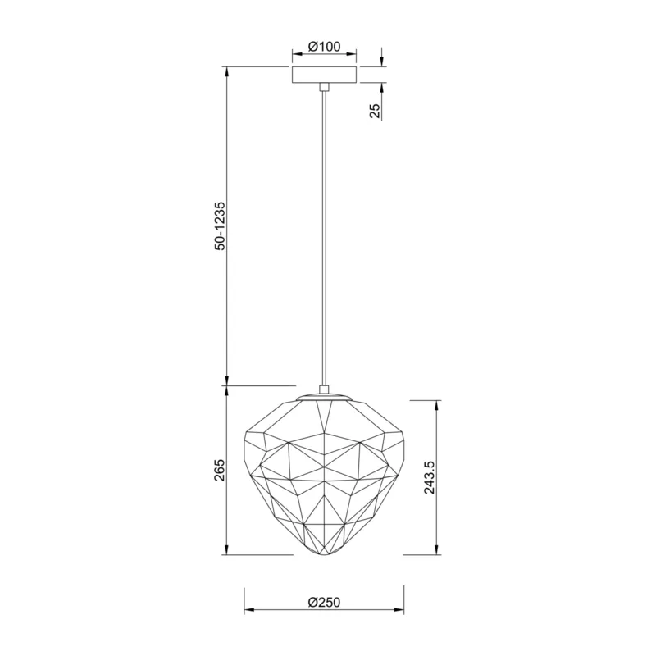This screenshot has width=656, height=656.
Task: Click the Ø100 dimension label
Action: (x=324, y=46)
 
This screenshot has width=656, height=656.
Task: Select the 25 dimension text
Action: (x=376, y=111)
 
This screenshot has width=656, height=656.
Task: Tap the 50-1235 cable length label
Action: (x=220, y=226)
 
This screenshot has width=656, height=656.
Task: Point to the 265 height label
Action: (x=220, y=470)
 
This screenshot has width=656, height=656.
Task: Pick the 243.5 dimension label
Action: (x=430, y=478)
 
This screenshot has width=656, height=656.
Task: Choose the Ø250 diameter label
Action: (x=324, y=603)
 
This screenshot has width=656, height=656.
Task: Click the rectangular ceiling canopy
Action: (x=324, y=75)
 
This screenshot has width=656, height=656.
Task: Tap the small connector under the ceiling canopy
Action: (x=324, y=87)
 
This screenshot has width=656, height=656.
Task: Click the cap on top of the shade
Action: (x=324, y=397)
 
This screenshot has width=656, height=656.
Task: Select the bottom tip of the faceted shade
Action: (x=324, y=556)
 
